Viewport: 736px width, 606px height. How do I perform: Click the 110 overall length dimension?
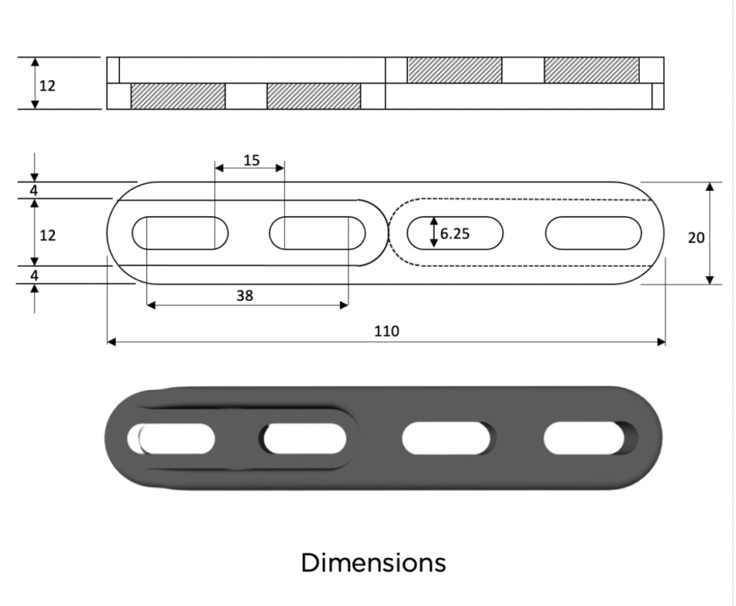386,331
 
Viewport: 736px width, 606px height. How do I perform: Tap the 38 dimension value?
245,295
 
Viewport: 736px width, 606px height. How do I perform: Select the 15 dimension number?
252,160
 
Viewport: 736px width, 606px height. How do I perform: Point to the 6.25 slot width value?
455,233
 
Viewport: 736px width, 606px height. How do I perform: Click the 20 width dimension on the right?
696,238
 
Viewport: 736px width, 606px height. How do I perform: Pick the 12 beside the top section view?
47,86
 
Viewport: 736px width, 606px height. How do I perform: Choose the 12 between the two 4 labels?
47,235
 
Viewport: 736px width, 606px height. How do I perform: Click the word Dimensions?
373,562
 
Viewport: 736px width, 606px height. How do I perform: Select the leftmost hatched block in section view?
178,96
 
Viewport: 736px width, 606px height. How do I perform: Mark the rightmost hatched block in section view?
591,70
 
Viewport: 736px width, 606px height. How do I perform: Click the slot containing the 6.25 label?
455,233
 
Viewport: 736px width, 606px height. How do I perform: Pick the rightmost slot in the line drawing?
593,233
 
